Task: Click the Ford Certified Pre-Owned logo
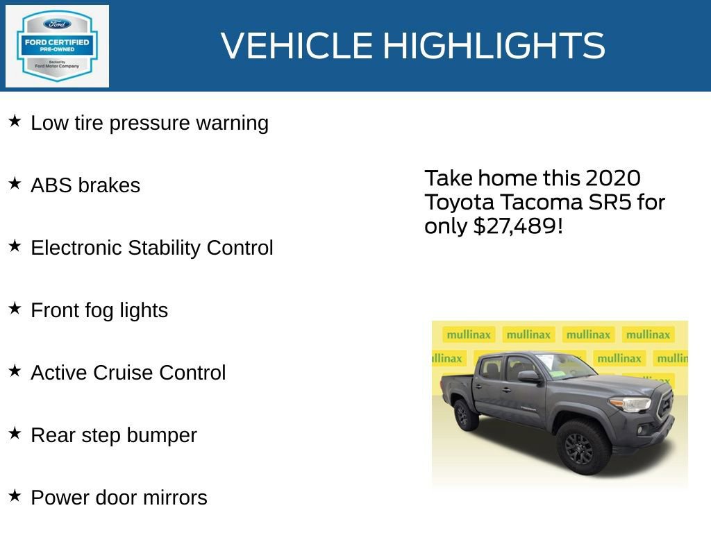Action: pos(57,46)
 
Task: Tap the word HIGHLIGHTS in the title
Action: pos(494,46)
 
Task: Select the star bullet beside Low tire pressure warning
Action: pos(15,121)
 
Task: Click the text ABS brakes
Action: pos(85,185)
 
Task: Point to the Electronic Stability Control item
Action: pos(151,248)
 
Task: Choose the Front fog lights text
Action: pos(99,310)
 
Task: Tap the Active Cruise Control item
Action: pos(128,373)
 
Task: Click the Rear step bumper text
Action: pos(113,435)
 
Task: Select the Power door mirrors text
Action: pos(119,498)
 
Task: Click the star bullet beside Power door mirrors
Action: pos(15,496)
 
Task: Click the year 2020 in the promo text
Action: pos(612,178)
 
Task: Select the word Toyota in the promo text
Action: pos(459,202)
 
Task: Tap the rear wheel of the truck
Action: pos(463,415)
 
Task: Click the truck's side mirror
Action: pos(528,376)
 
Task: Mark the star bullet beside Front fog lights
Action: pos(15,309)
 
